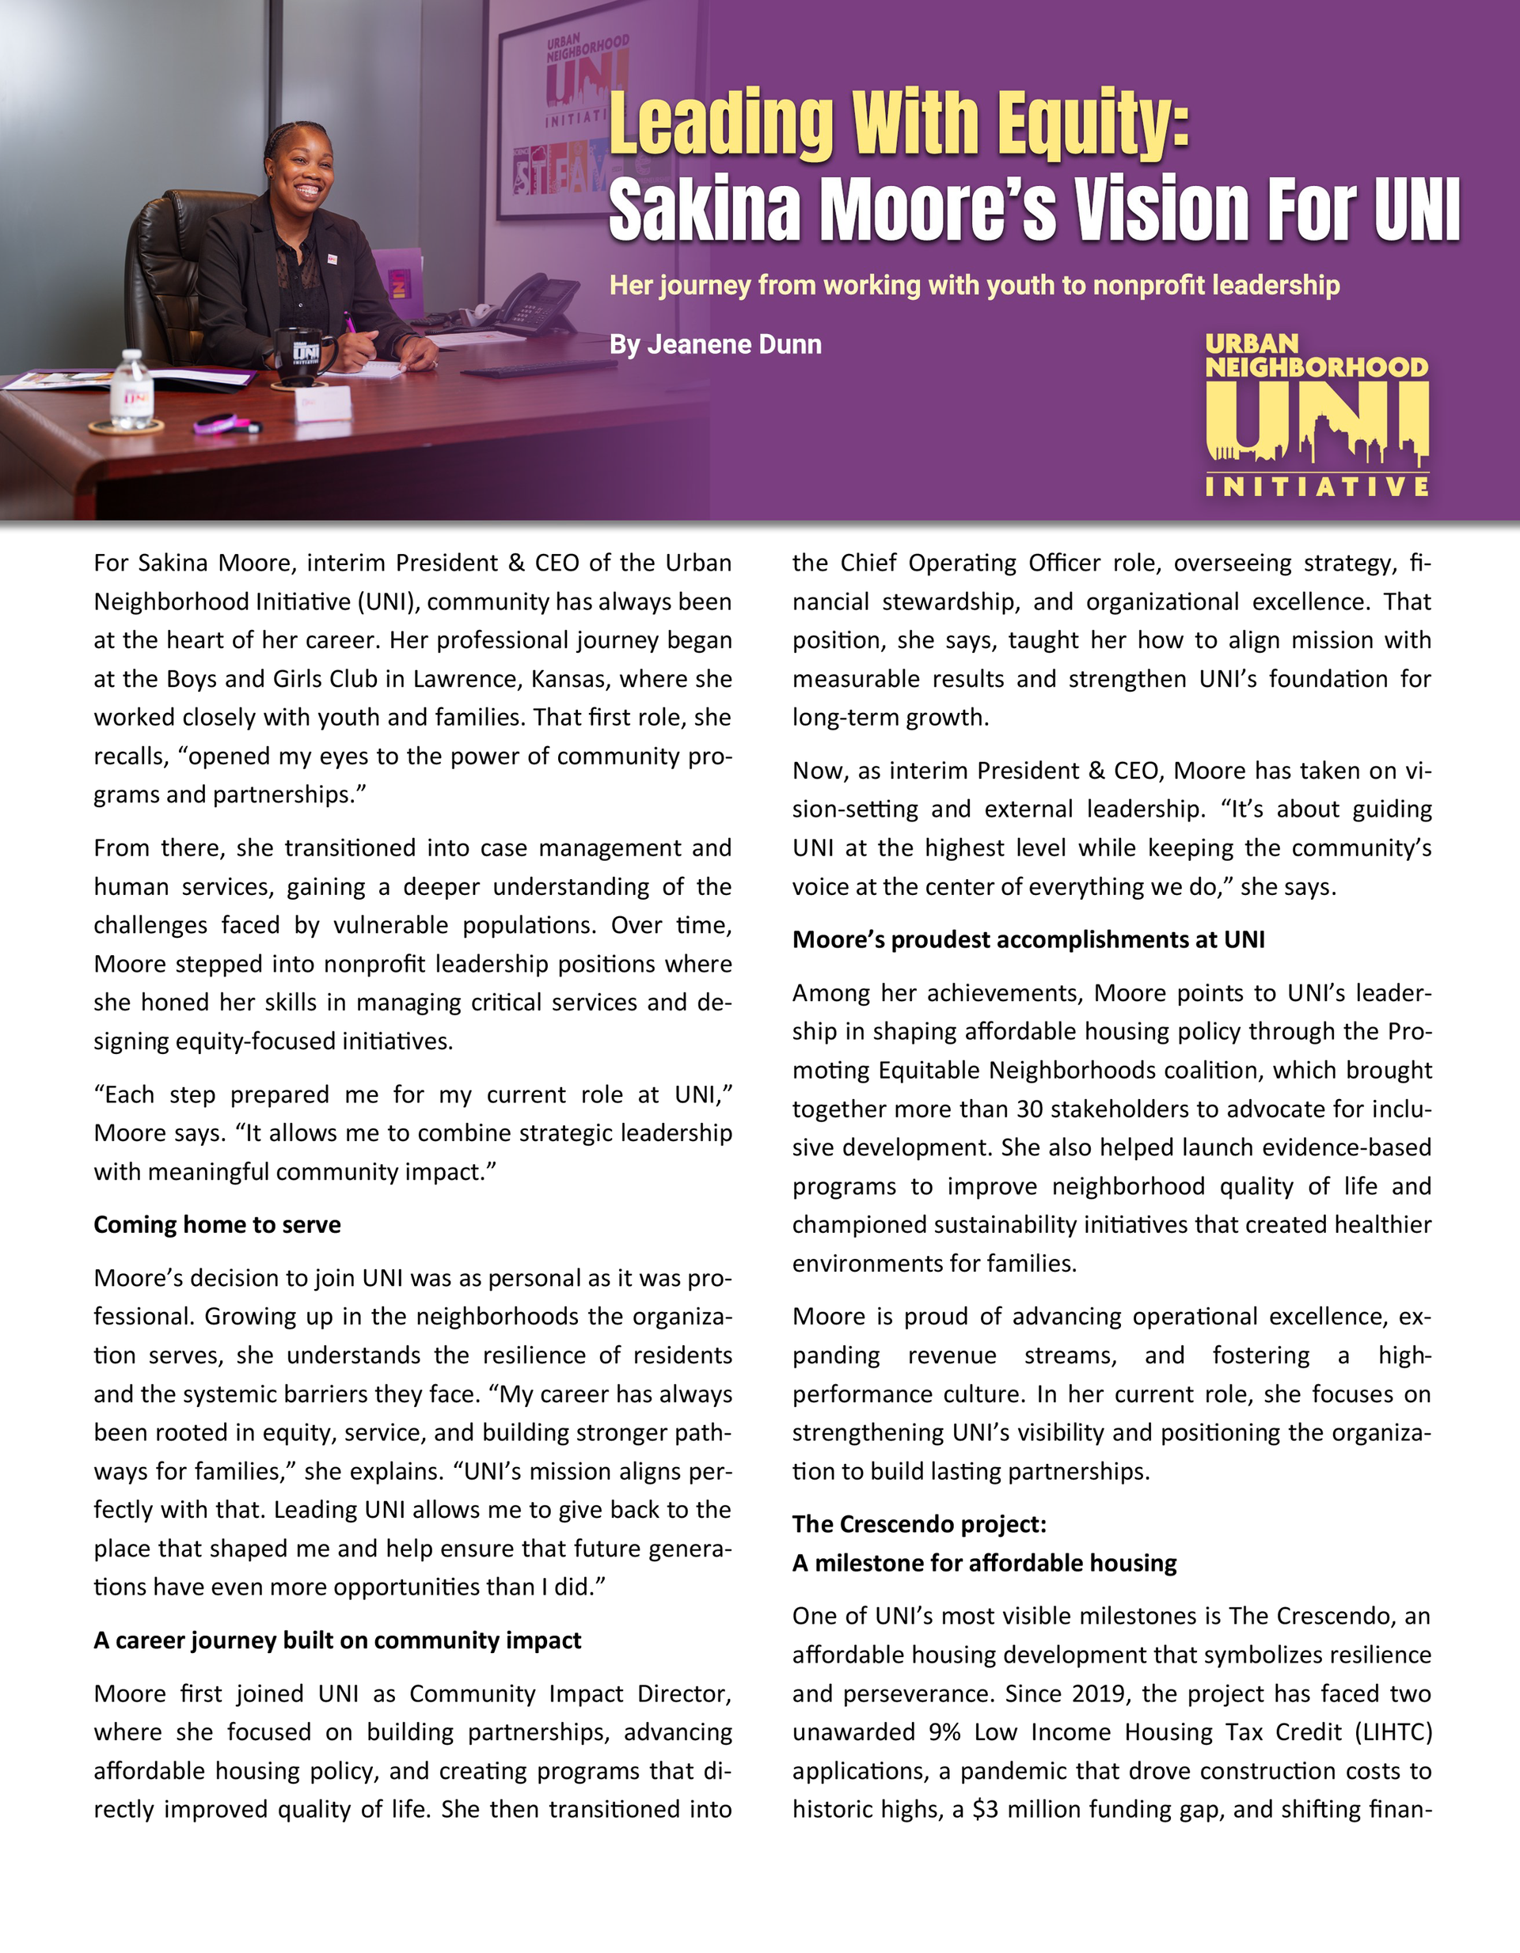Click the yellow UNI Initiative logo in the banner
[x=1316, y=415]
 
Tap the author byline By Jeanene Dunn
[x=715, y=344]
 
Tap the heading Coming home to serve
[x=218, y=1224]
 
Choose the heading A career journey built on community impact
[x=337, y=1639]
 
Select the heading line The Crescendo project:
[x=919, y=1523]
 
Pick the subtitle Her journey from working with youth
[x=975, y=285]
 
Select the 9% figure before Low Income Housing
[x=944, y=1732]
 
